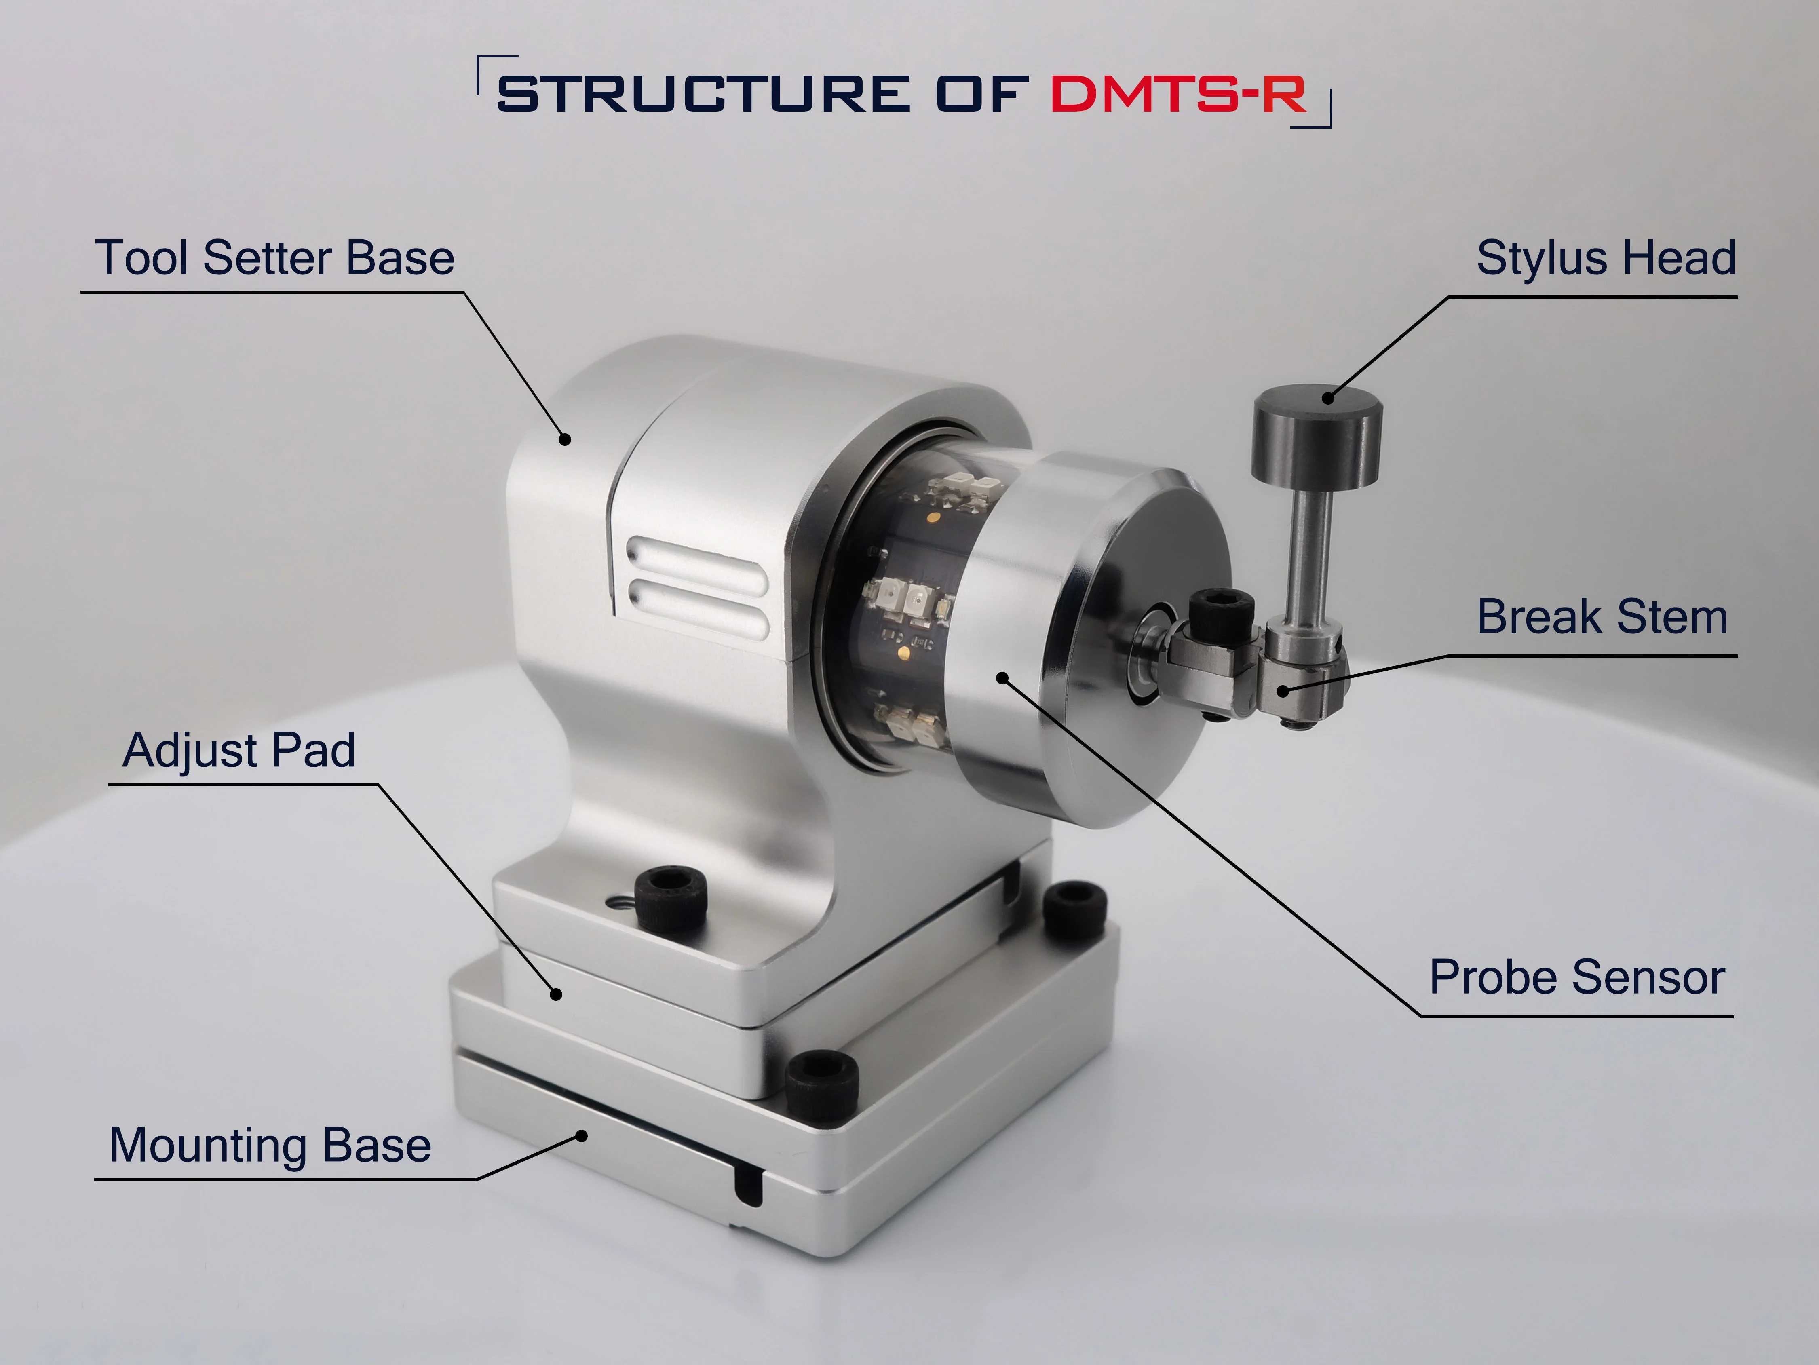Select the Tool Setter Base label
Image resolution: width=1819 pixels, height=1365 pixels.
point(274,258)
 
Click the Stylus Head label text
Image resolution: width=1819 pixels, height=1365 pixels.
point(1606,258)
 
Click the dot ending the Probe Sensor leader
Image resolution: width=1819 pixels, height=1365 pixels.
point(1002,677)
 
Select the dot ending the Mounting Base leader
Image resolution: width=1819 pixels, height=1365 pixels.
point(581,1136)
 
